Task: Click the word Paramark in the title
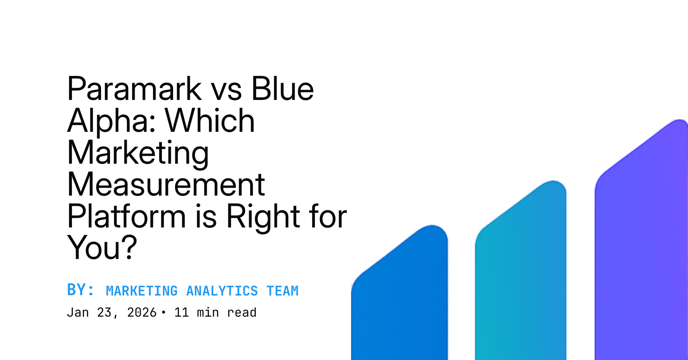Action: [x=135, y=89]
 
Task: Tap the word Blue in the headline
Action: [x=282, y=89]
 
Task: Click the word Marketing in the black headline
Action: [x=138, y=153]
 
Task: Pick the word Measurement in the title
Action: [x=166, y=185]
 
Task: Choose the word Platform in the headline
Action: [x=126, y=216]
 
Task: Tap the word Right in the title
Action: [x=263, y=216]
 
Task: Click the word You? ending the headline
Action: [x=102, y=248]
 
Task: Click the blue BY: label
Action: [x=81, y=290]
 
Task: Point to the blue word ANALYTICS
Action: [x=222, y=291]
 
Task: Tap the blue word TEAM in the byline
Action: [x=282, y=291]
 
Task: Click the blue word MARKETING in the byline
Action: [x=142, y=291]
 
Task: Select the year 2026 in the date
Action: [x=142, y=313]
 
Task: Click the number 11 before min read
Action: [x=181, y=313]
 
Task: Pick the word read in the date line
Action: [x=242, y=313]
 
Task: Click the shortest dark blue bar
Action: [x=400, y=297]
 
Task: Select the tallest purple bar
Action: [x=641, y=244]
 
